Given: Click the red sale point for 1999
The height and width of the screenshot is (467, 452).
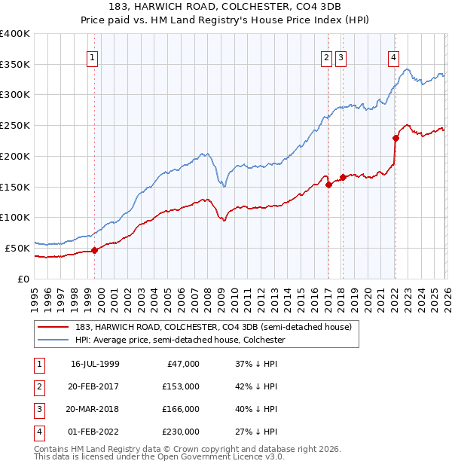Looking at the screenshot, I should tap(94, 250).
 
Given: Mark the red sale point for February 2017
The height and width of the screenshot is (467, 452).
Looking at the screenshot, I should tap(328, 185).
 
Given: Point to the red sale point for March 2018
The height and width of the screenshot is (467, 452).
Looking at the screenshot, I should tap(343, 177).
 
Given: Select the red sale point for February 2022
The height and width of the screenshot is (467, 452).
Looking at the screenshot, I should tap(395, 138).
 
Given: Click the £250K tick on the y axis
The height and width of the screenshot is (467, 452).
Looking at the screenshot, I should tap(15, 126).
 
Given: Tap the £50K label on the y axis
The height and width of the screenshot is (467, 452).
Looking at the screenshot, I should tap(17, 248).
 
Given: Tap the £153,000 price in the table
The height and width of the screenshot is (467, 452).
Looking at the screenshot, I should tap(181, 386).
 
